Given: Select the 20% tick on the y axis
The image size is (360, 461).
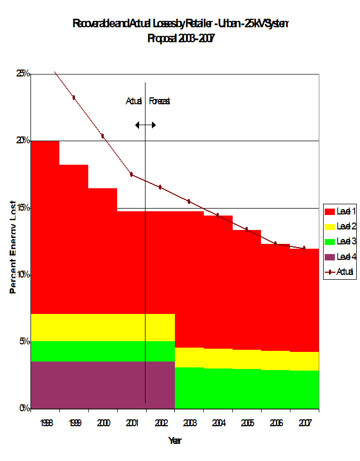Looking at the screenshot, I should click(22, 141).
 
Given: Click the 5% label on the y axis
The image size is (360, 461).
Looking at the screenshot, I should click(24, 341).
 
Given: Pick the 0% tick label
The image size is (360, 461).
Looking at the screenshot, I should click(24, 408).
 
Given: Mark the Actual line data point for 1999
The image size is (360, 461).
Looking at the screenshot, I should click(74, 97).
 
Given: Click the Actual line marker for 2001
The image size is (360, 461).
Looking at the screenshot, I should click(131, 174).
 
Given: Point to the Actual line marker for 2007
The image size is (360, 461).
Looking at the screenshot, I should click(304, 248).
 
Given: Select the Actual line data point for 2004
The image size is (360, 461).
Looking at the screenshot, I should click(218, 216).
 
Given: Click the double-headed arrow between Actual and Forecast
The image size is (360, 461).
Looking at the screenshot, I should click(145, 125).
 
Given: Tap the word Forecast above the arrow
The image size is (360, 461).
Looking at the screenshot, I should click(159, 101).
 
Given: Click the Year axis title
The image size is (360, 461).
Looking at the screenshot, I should click(174, 441).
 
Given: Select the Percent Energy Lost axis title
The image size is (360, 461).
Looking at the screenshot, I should click(12, 247).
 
